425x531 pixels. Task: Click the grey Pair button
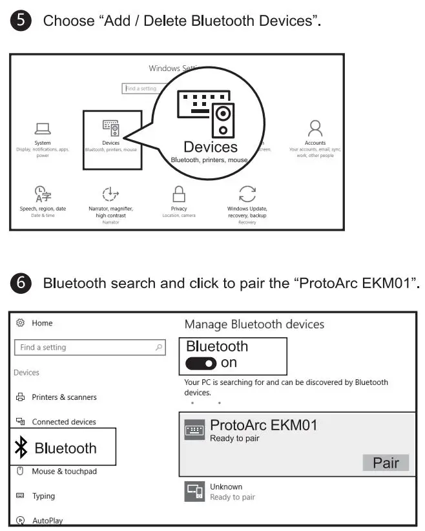pos(386,463)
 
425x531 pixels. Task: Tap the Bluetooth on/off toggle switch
pos(201,364)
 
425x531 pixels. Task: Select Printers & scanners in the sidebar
pos(64,397)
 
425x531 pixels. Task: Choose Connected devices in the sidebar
pos(63,422)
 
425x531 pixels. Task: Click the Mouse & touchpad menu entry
pos(64,472)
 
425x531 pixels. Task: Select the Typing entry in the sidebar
pos(43,496)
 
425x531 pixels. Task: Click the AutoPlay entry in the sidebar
pos(47,520)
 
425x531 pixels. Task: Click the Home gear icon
pos(20,323)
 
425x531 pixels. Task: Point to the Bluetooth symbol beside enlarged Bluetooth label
pos(21,448)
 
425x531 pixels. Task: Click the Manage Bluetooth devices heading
pos(254,324)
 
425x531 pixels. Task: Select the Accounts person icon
pos(315,127)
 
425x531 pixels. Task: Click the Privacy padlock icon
pos(179,193)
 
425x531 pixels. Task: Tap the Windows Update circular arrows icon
pos(247,193)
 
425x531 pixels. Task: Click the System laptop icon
pos(43,129)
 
